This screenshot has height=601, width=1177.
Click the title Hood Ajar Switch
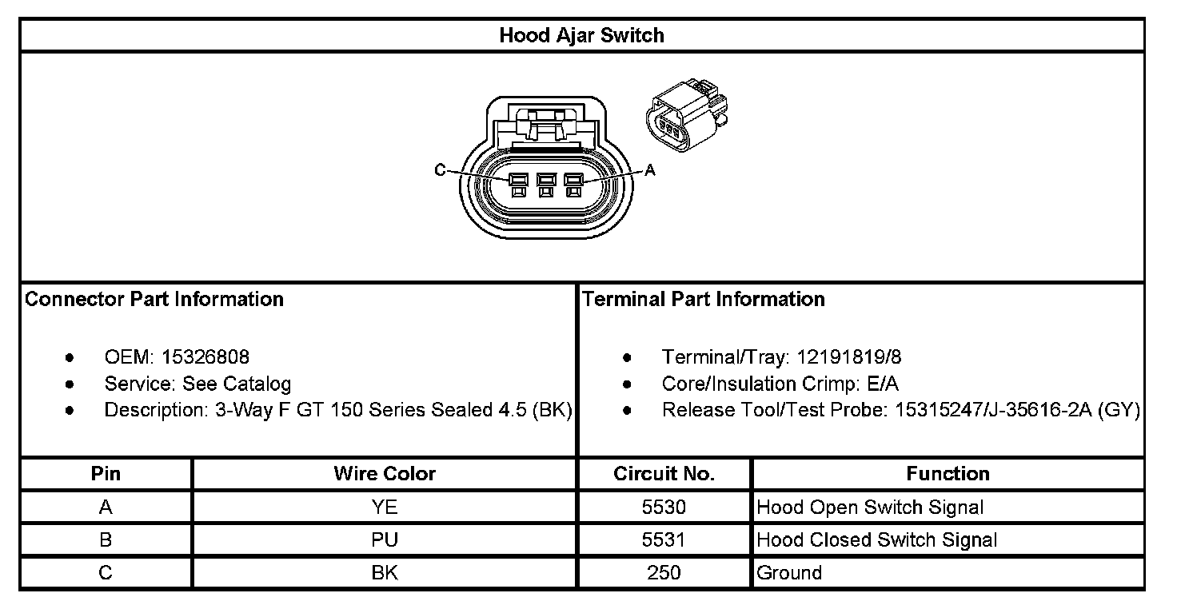[x=581, y=35]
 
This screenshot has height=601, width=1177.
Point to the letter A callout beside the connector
[x=650, y=170]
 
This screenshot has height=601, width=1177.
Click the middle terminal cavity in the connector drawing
[x=545, y=185]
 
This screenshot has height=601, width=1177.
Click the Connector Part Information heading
[x=154, y=299]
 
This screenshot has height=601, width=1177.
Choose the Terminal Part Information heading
[x=704, y=299]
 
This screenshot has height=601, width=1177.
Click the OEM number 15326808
[x=205, y=356]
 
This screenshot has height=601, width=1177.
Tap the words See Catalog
[x=237, y=384]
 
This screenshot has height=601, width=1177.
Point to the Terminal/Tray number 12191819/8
[x=842, y=356]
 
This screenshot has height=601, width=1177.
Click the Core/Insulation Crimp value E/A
[x=883, y=384]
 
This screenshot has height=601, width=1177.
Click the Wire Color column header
[x=385, y=473]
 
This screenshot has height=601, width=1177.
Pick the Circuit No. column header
[x=664, y=473]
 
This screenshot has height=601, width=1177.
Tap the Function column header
[x=948, y=473]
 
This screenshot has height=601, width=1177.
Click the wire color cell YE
[x=385, y=507]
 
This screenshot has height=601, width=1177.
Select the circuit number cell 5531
[x=664, y=539]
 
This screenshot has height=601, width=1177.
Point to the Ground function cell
[x=789, y=572]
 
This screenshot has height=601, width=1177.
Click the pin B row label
[x=106, y=539]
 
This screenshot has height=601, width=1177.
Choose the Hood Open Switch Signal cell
[x=870, y=507]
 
